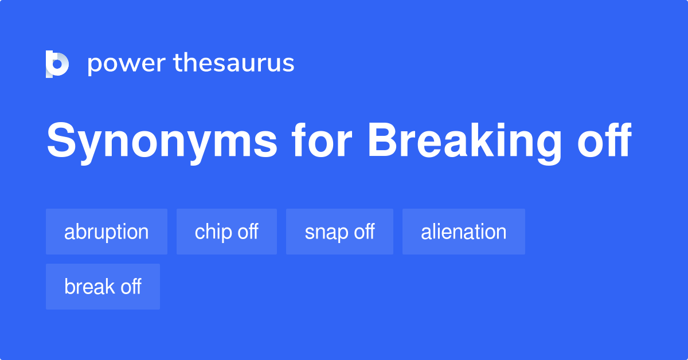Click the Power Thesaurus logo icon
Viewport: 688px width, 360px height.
57,64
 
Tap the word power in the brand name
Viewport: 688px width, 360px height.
127,64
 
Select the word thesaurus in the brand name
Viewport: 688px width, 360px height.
234,63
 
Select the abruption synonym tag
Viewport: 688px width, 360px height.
107,232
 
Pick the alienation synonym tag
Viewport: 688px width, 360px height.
463,232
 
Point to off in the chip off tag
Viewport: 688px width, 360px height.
246,232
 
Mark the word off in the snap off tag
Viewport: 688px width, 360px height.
362,232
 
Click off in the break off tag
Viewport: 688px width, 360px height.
129,287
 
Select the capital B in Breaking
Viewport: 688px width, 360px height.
382,142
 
